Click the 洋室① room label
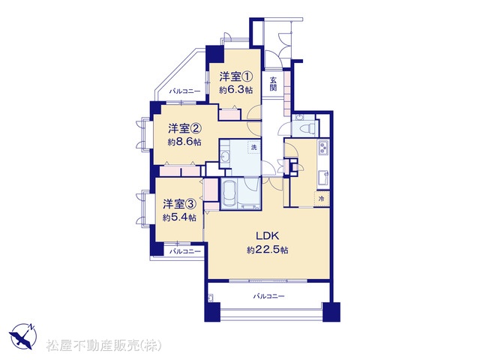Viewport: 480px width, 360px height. tap(235, 76)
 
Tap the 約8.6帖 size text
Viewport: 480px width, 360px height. tap(184, 142)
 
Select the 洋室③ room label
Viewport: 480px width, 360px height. tap(179, 203)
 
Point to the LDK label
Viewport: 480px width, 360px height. tap(267, 235)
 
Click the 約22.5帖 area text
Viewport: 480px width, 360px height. tap(268, 250)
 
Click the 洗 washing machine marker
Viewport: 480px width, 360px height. tap(253, 147)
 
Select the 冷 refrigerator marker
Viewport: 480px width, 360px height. tap(321, 198)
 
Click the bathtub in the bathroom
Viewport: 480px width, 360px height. tap(229, 193)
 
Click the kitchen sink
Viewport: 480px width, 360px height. tap(323, 178)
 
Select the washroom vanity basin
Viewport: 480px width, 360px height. tap(224, 156)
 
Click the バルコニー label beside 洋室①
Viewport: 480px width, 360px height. tap(185, 91)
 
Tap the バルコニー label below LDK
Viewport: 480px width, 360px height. tap(268, 296)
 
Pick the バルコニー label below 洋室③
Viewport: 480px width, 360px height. tap(185, 252)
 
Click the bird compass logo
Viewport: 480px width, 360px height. tap(23, 336)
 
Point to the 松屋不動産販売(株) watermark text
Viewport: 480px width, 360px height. tap(104, 346)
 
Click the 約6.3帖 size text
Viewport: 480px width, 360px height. tap(235, 90)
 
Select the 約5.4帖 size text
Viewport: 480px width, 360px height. tap(179, 217)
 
